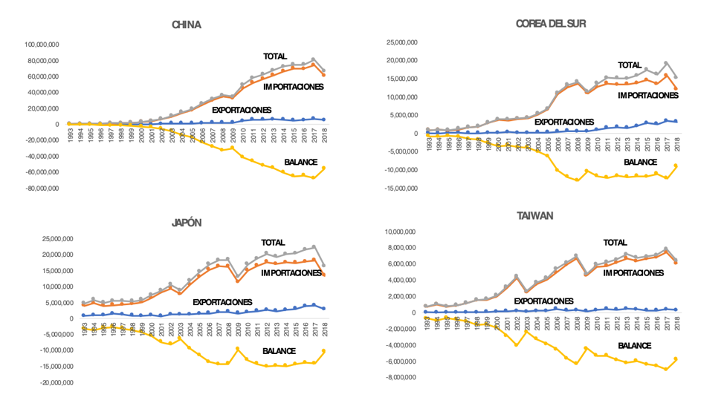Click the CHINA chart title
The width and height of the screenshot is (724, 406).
[x=186, y=24]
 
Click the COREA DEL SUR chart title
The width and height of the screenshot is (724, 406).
[x=551, y=23]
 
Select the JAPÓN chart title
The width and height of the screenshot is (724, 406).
[x=187, y=223]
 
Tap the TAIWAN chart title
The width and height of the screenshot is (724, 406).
[x=535, y=216]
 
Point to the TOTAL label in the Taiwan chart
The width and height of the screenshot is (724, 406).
[x=615, y=242]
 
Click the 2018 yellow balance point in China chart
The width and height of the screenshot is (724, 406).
[x=323, y=168]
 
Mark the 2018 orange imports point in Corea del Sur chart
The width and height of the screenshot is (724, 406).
[x=675, y=88]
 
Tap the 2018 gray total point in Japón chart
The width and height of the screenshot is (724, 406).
[x=323, y=265]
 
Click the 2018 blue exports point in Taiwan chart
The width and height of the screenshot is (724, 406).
[x=675, y=310]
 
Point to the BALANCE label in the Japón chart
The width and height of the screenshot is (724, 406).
[x=279, y=351]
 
